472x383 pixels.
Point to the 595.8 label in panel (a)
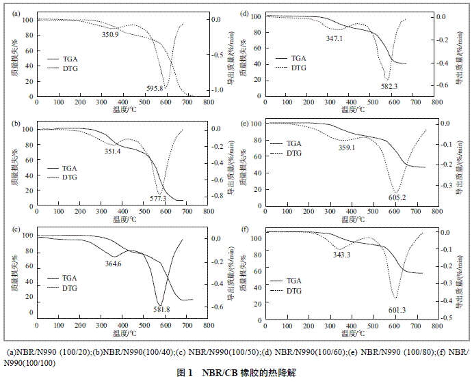click(x=155, y=89)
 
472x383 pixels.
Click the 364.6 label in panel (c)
click(x=113, y=264)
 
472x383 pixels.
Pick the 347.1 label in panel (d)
click(x=335, y=39)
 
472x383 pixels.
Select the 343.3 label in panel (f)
click(x=340, y=255)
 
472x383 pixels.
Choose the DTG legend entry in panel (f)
click(x=293, y=291)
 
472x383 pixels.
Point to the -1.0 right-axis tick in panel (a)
click(x=216, y=90)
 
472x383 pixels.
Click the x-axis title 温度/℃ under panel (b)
click(x=124, y=219)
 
